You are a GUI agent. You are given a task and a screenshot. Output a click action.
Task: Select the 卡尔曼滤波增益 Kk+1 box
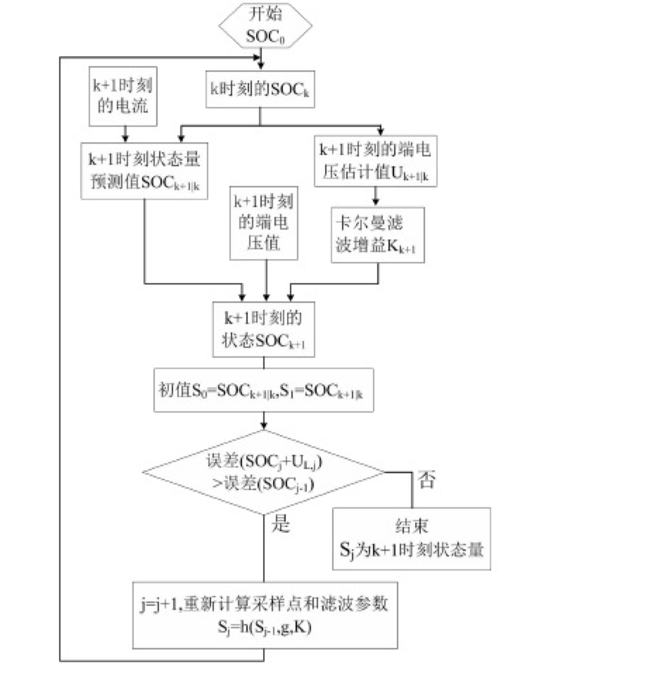pyautogui.click(x=379, y=234)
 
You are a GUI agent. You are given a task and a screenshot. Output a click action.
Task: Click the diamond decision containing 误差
pyautogui.click(x=264, y=471)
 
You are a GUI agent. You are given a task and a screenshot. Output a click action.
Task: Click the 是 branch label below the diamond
pyautogui.click(x=280, y=524)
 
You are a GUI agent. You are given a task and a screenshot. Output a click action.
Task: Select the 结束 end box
pyautogui.click(x=412, y=539)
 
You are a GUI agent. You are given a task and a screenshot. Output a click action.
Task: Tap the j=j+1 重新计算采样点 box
pyautogui.click(x=265, y=614)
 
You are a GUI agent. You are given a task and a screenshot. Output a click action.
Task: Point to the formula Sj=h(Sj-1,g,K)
pyautogui.click(x=263, y=625)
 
